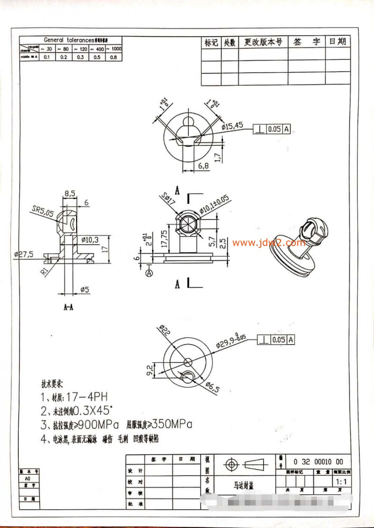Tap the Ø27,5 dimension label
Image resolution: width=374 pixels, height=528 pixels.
(24, 254)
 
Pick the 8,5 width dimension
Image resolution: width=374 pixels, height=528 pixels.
(70, 193)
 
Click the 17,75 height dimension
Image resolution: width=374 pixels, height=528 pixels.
(163, 235)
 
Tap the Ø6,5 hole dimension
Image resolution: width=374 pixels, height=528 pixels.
(212, 387)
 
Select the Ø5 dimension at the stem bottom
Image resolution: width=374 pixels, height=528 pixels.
(84, 290)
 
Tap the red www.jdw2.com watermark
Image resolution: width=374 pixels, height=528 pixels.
(269, 243)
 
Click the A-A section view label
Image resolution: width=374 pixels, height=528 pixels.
(68, 307)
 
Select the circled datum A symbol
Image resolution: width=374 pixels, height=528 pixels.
(150, 272)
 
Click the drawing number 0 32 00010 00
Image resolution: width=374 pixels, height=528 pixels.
(318, 461)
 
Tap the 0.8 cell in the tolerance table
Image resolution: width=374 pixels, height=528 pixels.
(113, 57)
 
